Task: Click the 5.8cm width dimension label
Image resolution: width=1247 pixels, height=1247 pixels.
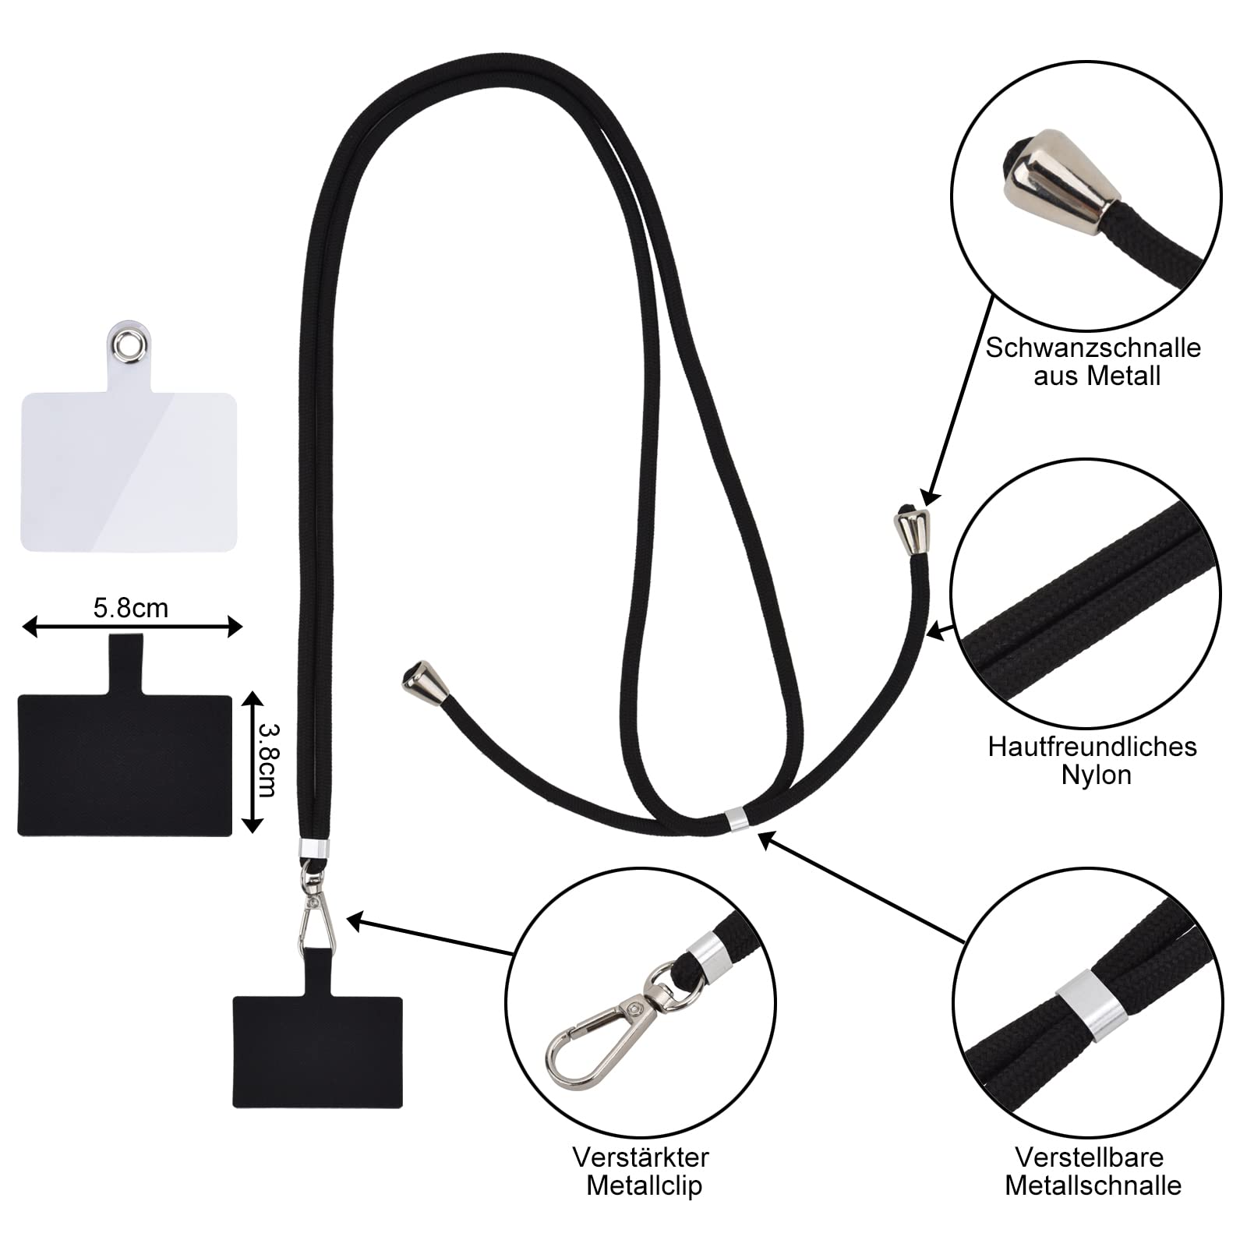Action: pyautogui.click(x=130, y=608)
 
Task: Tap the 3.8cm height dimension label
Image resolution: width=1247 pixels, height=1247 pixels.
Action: pyautogui.click(x=267, y=761)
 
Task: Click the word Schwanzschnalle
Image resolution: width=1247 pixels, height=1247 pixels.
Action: pyautogui.click(x=1093, y=348)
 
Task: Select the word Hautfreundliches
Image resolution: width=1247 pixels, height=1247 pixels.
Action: pyautogui.click(x=1092, y=747)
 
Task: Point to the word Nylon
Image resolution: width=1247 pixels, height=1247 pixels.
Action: pyautogui.click(x=1096, y=775)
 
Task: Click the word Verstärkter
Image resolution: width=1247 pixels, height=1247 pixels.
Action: pyautogui.click(x=641, y=1157)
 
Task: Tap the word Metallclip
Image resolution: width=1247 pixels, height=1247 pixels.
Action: pyautogui.click(x=644, y=1185)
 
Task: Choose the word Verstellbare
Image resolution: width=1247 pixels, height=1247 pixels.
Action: pyautogui.click(x=1089, y=1157)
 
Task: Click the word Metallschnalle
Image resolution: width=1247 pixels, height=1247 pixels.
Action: pyautogui.click(x=1093, y=1185)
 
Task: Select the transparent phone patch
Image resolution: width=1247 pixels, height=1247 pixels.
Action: pyautogui.click(x=129, y=468)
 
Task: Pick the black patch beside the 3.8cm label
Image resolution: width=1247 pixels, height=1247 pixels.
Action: pyautogui.click(x=125, y=764)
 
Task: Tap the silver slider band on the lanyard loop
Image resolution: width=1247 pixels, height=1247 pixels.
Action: pyautogui.click(x=735, y=817)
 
